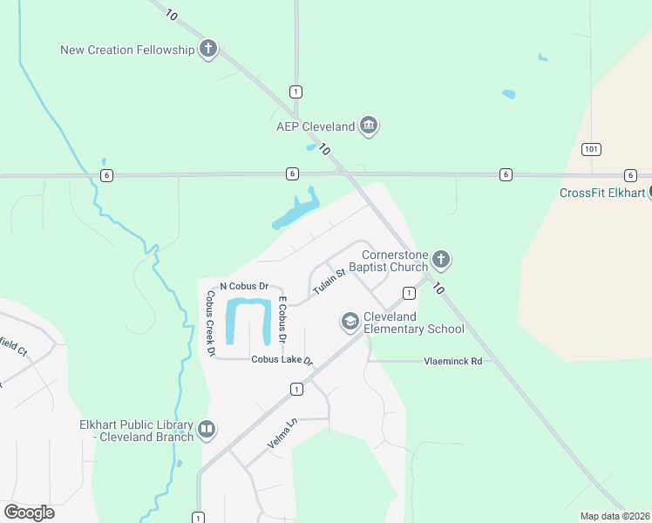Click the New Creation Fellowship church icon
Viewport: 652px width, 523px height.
click(x=208, y=49)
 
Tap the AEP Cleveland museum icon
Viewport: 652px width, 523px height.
click(x=369, y=126)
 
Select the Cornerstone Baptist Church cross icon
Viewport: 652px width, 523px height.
click(x=441, y=259)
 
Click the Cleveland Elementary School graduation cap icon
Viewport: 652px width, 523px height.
click(x=350, y=322)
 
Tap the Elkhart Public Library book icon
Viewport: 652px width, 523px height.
click(x=207, y=429)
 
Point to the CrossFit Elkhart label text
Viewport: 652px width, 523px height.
click(x=602, y=193)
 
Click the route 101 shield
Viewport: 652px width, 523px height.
click(x=592, y=149)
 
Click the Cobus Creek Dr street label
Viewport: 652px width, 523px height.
click(x=210, y=323)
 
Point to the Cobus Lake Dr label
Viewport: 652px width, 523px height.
click(x=282, y=360)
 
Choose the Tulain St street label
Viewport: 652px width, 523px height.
click(x=329, y=281)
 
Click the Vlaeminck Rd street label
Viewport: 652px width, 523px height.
click(x=452, y=360)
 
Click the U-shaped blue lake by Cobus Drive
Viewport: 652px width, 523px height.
click(x=248, y=321)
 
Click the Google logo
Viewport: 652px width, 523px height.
click(x=29, y=512)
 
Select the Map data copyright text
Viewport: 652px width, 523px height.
click(x=615, y=516)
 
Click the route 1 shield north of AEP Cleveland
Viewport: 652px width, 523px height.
click(x=296, y=92)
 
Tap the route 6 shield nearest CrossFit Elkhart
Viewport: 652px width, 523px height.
click(x=630, y=175)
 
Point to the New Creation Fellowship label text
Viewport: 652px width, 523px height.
click(x=127, y=50)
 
